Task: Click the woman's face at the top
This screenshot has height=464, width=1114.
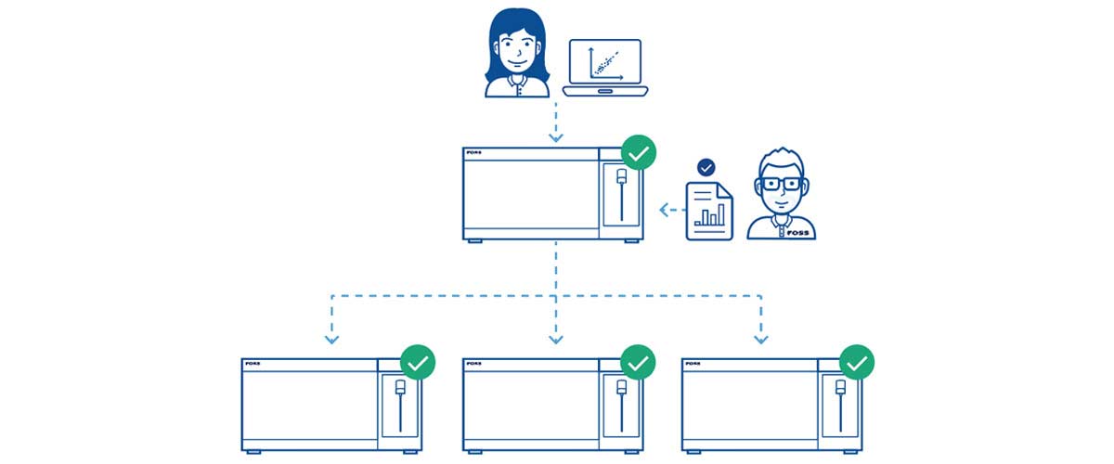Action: (513, 54)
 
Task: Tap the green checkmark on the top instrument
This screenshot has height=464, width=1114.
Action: (638, 152)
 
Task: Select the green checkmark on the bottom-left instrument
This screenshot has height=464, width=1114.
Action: (418, 363)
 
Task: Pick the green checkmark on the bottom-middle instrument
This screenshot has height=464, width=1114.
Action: (638, 363)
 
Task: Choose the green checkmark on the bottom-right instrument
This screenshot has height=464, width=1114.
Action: (857, 363)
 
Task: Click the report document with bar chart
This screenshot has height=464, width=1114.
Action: (708, 212)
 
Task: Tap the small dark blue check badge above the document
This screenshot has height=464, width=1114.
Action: (706, 168)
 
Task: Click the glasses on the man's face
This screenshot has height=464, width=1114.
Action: (779, 183)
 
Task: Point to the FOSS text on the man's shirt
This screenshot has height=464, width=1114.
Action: (797, 233)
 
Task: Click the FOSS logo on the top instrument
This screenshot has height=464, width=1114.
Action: (476, 154)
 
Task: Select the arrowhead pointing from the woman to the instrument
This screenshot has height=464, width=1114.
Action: (556, 138)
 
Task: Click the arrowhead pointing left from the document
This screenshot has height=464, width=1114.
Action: (664, 211)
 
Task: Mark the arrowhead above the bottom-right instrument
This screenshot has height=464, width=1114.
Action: (761, 339)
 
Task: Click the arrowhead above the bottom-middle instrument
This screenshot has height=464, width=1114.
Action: (556, 339)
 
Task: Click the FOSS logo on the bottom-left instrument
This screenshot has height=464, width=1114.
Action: (253, 364)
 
